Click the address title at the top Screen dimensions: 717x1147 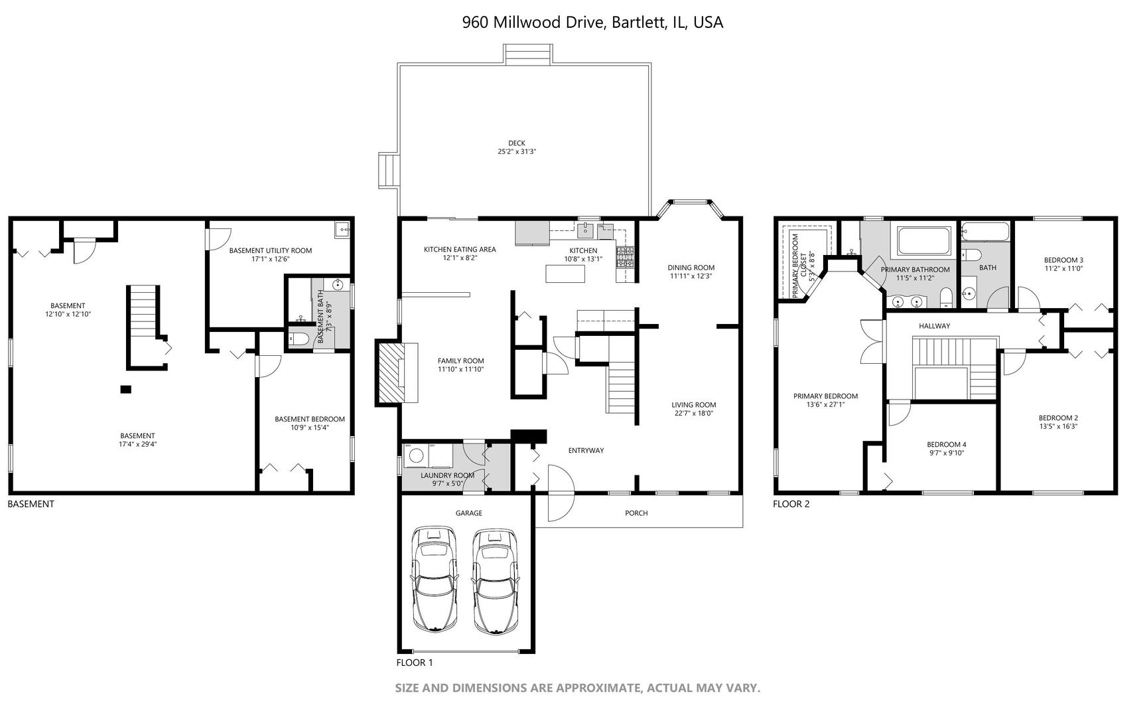point(592,23)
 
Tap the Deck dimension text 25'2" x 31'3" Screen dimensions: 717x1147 point(517,152)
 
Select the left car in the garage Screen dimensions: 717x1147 point(434,579)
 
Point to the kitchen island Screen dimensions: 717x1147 point(565,273)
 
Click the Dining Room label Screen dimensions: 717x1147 point(691,268)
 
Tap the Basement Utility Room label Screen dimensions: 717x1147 point(270,250)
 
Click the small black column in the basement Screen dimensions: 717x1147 point(125,389)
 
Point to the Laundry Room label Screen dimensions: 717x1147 point(447,475)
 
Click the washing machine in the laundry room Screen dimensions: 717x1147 point(417,456)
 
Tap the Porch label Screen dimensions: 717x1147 point(636,513)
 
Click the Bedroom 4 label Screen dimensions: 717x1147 point(946,444)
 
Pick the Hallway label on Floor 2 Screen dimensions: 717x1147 point(934,326)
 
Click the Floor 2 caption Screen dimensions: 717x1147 point(791,504)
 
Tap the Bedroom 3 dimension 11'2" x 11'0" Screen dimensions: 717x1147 point(1063,269)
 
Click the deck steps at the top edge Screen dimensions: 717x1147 point(527,54)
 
